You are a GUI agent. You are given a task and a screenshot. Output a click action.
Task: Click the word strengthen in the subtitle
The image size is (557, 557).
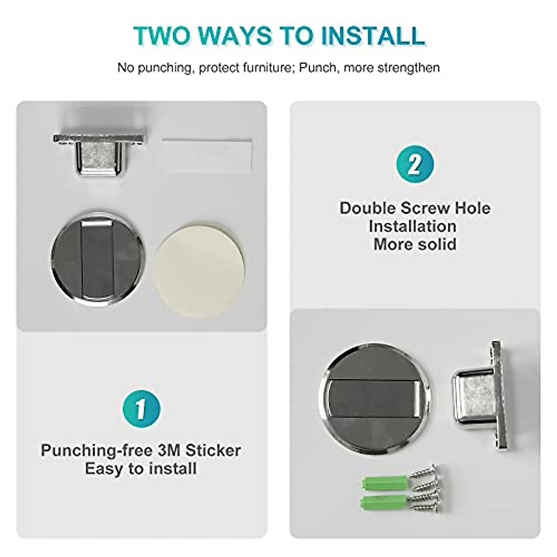(408, 68)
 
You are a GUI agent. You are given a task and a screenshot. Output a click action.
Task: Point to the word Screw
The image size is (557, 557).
(420, 208)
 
